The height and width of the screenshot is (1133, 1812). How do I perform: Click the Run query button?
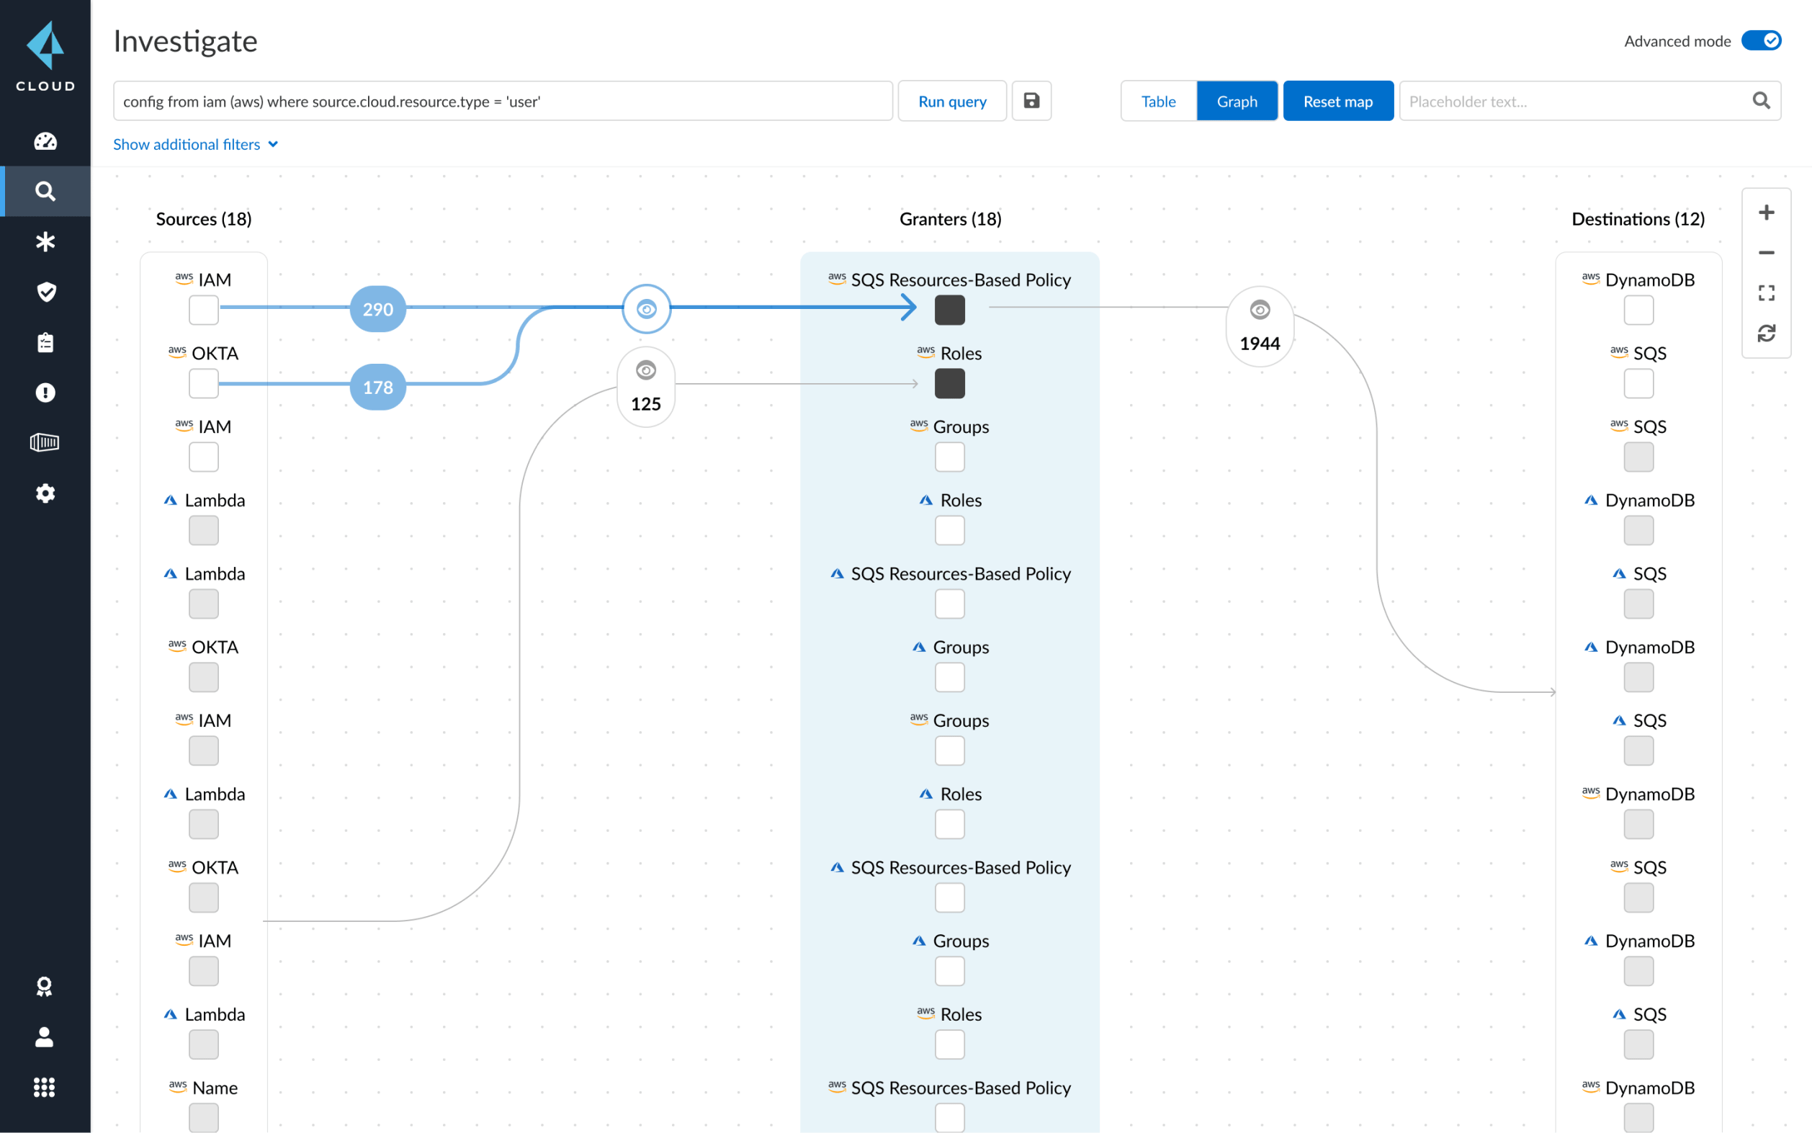(951, 101)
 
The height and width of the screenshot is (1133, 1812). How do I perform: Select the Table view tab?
(1157, 101)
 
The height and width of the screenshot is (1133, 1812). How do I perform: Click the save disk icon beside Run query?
(1031, 100)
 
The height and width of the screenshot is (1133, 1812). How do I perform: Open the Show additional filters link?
(194, 144)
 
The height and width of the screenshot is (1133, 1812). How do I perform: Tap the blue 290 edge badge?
(377, 309)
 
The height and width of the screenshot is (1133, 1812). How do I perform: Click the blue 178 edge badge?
(377, 387)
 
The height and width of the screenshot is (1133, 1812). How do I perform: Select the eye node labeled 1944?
(1259, 326)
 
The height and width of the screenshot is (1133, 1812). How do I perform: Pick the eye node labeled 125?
(646, 387)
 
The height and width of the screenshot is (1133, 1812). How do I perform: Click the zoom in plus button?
(1766, 212)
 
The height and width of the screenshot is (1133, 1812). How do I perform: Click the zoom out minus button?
(1766, 253)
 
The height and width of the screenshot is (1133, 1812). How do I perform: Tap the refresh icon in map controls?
(1766, 333)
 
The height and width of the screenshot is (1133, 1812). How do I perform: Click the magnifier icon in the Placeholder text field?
(1760, 100)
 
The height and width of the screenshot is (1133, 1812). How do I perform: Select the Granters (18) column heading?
(950, 219)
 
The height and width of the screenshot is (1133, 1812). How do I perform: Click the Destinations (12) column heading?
(1637, 219)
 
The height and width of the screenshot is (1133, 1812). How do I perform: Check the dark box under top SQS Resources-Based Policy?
(949, 310)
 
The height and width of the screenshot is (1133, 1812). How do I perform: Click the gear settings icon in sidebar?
(45, 493)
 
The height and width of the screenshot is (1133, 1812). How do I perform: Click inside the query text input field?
(502, 101)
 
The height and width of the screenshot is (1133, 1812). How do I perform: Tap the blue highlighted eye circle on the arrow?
(646, 309)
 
